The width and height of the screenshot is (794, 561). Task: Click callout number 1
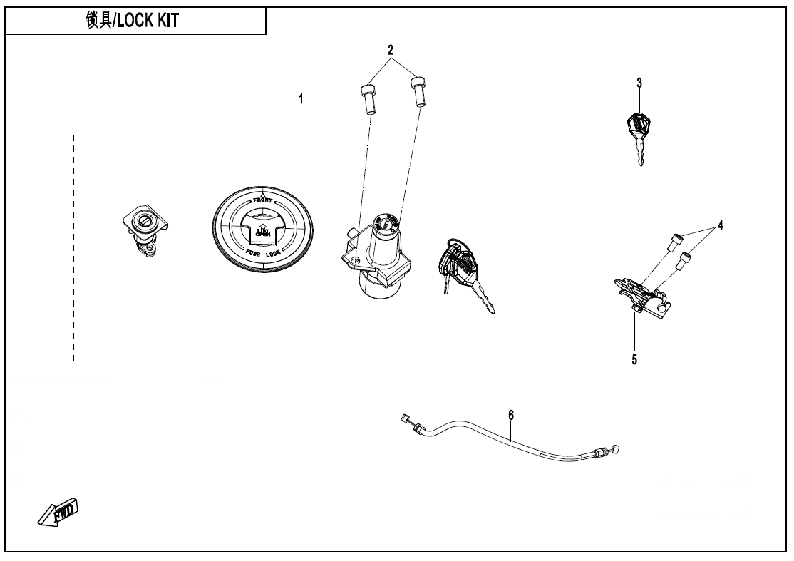pos(301,99)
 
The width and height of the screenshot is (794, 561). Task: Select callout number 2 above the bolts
pos(391,50)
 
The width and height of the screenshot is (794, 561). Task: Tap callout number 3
pos(639,83)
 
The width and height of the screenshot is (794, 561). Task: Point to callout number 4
pos(721,225)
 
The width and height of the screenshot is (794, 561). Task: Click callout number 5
pos(634,359)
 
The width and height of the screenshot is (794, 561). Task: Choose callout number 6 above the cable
pos(511,414)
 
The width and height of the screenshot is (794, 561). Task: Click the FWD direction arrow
pos(59,512)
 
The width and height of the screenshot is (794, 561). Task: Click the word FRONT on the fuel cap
pos(263,200)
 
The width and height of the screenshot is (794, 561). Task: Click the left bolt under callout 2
pos(368,98)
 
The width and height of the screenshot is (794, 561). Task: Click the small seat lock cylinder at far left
pos(145,230)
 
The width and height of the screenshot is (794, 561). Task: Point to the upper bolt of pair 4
pos(675,242)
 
